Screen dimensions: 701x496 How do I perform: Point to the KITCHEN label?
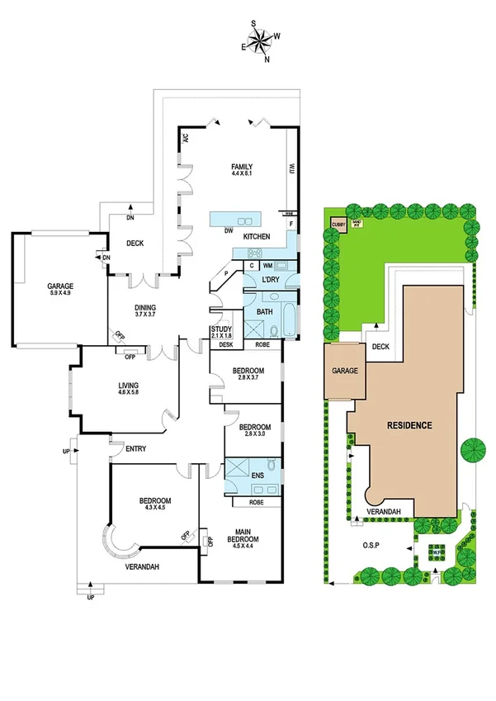[x=256, y=236]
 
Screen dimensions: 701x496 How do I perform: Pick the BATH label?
[x=265, y=311]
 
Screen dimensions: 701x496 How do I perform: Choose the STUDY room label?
[x=221, y=329]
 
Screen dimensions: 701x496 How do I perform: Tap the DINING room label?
[x=145, y=307]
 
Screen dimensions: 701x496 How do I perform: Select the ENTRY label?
[x=136, y=449]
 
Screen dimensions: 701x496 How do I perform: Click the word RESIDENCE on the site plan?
[x=409, y=425]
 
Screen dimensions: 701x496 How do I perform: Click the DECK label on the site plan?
[x=380, y=348]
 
